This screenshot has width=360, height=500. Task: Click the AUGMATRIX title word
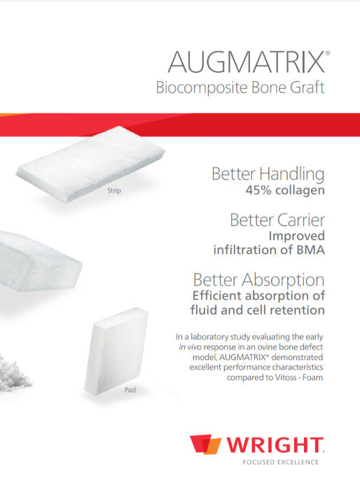coord(247,62)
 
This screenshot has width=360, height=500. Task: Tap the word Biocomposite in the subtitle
coord(202,88)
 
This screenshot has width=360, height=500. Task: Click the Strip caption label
coord(114,190)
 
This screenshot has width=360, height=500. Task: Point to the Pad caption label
coord(130,389)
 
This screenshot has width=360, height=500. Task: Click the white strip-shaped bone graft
coord(90,164)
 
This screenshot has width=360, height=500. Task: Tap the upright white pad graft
coord(116,351)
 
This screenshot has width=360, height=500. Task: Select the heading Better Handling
coord(268,174)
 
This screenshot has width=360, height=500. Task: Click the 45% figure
coord(258,190)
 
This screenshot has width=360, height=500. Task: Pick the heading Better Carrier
coord(277,220)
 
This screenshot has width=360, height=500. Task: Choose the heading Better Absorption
coord(259,280)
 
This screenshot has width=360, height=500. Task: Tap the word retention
coord(297,310)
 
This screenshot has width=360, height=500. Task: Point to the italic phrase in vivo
coord(190,347)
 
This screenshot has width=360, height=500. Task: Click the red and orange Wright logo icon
coord(205,444)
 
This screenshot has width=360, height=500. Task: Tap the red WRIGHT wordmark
coord(275,445)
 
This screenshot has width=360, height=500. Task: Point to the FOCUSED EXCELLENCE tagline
coord(281,462)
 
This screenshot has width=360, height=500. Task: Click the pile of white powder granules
coord(14,373)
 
